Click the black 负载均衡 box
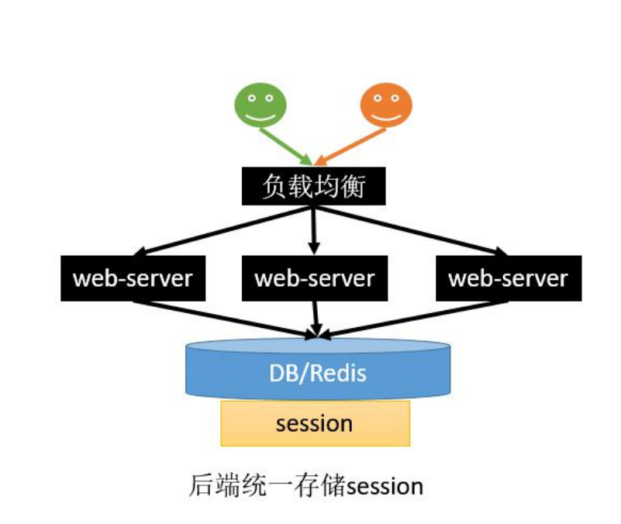315,186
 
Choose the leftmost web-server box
133,278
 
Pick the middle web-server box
315,278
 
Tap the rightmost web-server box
508,278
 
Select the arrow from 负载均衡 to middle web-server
314,229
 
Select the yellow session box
315,423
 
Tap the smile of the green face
261,116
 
